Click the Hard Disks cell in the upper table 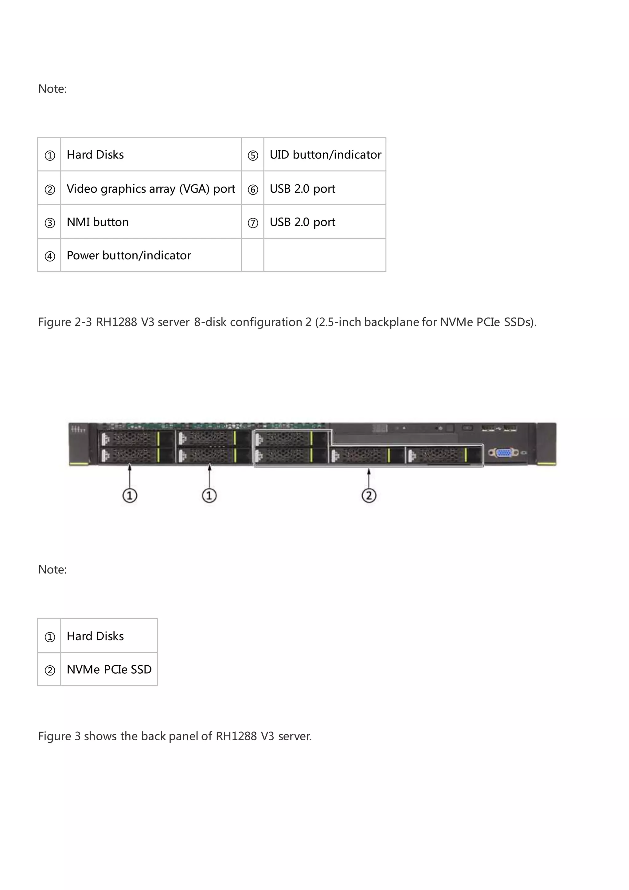(x=95, y=155)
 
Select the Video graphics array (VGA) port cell (x=151, y=189)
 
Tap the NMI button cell (x=98, y=222)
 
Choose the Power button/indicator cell (x=129, y=255)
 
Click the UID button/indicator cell (x=325, y=155)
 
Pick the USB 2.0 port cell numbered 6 (x=303, y=189)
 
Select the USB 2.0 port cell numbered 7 (x=303, y=222)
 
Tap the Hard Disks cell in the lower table (x=95, y=636)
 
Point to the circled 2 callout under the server (x=369, y=495)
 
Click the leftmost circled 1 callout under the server (x=130, y=495)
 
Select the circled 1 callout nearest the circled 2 (x=209, y=495)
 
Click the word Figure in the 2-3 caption (x=55, y=322)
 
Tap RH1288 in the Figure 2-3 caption (x=116, y=322)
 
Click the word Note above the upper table (x=52, y=89)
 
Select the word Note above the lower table (x=52, y=569)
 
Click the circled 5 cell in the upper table (x=253, y=156)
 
